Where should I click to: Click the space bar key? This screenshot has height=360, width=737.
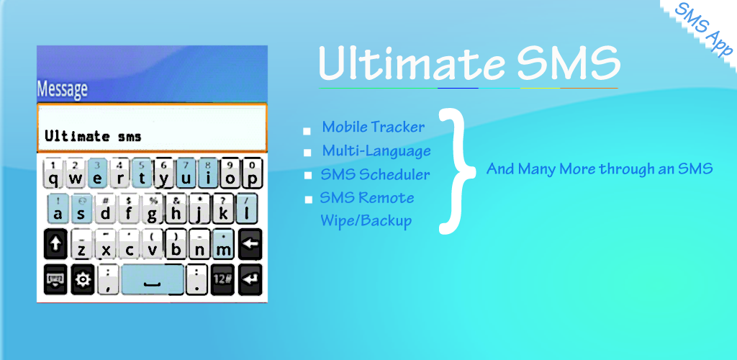(x=153, y=279)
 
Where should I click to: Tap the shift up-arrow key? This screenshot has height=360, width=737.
(x=55, y=244)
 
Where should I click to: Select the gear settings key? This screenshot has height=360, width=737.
(x=83, y=279)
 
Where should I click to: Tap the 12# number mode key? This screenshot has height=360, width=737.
(x=222, y=279)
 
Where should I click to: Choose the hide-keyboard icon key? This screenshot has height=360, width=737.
(x=55, y=279)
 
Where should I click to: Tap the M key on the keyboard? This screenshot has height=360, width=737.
(x=224, y=244)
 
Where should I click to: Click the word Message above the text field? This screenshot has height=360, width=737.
(x=62, y=89)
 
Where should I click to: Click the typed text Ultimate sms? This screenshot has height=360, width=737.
(x=93, y=136)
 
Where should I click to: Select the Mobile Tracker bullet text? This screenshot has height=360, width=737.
(x=374, y=127)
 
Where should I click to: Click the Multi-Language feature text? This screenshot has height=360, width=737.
(x=376, y=151)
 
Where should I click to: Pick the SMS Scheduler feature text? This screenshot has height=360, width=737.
(x=375, y=174)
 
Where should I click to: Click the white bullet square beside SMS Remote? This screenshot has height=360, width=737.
(x=308, y=199)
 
